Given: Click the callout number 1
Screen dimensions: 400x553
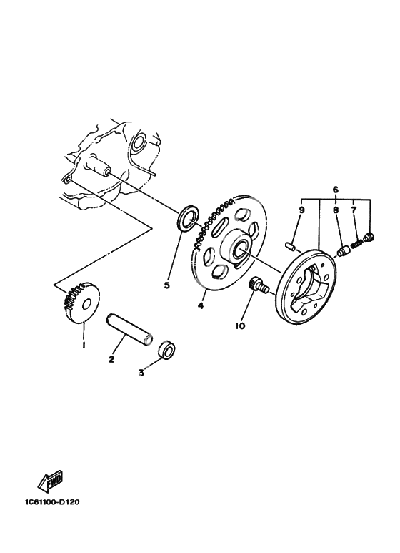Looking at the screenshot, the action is click(84, 344).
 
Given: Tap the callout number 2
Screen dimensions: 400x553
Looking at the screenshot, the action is click(111, 360).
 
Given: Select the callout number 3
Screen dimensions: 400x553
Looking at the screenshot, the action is click(141, 373).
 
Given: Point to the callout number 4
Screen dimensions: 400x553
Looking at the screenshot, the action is click(200, 305).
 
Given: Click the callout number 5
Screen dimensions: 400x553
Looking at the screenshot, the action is click(167, 285).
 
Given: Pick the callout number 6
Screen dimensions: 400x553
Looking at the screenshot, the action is click(335, 190).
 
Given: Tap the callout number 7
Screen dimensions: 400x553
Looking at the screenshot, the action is click(354, 210).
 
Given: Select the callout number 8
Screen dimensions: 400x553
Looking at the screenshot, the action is click(336, 210).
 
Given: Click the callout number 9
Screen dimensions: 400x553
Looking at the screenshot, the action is click(301, 210).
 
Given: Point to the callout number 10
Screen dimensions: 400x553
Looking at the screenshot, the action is click(240, 326).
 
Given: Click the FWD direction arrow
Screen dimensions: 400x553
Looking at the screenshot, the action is click(50, 481).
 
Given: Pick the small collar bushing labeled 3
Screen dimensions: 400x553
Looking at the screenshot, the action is click(167, 351).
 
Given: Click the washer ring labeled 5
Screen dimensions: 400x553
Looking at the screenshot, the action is click(188, 219).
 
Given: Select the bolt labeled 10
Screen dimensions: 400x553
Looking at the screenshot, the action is click(259, 285).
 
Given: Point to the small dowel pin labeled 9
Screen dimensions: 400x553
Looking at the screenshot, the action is click(289, 246).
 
